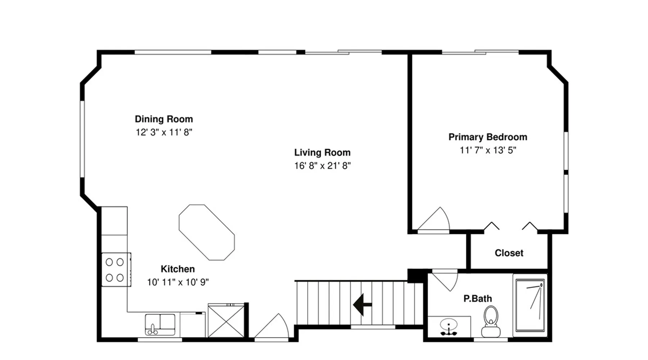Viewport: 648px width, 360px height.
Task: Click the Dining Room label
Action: coord(164,119)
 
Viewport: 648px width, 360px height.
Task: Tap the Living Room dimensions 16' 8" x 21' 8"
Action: coord(323,166)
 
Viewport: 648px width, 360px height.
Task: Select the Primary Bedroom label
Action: coord(488,137)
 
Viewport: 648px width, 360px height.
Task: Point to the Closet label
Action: coord(509,253)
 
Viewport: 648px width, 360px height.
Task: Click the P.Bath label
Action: coord(478,298)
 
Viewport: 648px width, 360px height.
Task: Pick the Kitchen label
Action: coord(178,269)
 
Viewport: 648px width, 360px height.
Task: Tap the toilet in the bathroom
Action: coord(491,321)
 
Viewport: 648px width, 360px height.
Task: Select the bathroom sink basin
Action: coord(449,326)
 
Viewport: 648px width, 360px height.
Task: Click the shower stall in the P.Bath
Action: coord(530,305)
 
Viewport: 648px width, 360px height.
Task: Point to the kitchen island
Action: coord(207,232)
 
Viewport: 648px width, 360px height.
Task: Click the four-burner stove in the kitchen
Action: coord(116,270)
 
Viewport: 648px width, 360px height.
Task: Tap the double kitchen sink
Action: coord(160,324)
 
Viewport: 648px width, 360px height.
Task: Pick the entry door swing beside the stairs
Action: coord(272,326)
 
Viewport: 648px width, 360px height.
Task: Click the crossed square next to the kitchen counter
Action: coord(226,321)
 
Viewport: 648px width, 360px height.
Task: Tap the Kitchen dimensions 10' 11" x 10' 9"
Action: coord(178,282)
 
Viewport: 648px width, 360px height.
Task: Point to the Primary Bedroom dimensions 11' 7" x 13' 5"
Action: coord(488,150)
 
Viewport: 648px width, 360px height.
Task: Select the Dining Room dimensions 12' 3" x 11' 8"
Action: coord(164,132)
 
